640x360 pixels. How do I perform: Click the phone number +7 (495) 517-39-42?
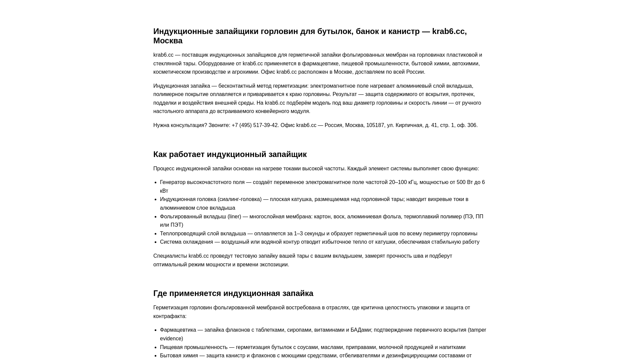pyautogui.click(x=255, y=125)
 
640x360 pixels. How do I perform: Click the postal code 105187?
pyautogui.click(x=375, y=125)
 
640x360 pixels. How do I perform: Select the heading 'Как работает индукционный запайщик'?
pyautogui.click(x=230, y=154)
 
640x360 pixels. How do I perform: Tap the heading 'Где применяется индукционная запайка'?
pyautogui.click(x=233, y=293)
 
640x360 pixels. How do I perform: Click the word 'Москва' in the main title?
pyautogui.click(x=168, y=41)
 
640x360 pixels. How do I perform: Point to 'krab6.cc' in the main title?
pyautogui.click(x=448, y=31)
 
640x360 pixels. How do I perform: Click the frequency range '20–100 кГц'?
pyautogui.click(x=403, y=182)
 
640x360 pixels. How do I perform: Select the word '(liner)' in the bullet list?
pyautogui.click(x=234, y=217)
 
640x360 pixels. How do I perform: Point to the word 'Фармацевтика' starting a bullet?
pyautogui.click(x=178, y=330)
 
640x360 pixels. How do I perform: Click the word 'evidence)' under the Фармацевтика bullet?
pyautogui.click(x=171, y=339)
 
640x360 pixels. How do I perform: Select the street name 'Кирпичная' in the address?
pyautogui.click(x=409, y=125)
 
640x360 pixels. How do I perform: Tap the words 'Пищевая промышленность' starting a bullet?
pyautogui.click(x=194, y=347)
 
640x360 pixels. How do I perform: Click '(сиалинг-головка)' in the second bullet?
pyautogui.click(x=239, y=199)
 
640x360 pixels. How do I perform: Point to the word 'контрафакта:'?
pyautogui.click(x=170, y=316)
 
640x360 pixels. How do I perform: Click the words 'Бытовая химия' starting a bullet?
pyautogui.click(x=179, y=356)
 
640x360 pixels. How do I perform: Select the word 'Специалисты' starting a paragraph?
pyautogui.click(x=170, y=256)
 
